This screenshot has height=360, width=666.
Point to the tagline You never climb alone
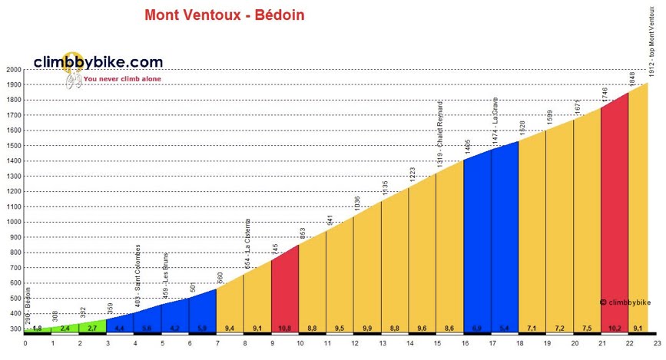click(117, 78)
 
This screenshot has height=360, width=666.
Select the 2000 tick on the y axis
click(12, 70)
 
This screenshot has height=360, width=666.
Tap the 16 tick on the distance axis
click(464, 343)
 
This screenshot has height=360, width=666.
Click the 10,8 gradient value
click(284, 329)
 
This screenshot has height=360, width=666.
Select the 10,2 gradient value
click(614, 329)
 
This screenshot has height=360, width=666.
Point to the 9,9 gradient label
click(366, 329)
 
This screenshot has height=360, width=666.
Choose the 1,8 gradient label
click(38, 329)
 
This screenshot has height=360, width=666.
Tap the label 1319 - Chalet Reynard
click(440, 134)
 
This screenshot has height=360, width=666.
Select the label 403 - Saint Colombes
click(138, 276)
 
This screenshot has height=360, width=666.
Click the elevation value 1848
click(632, 78)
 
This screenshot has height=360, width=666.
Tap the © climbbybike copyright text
click(625, 302)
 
